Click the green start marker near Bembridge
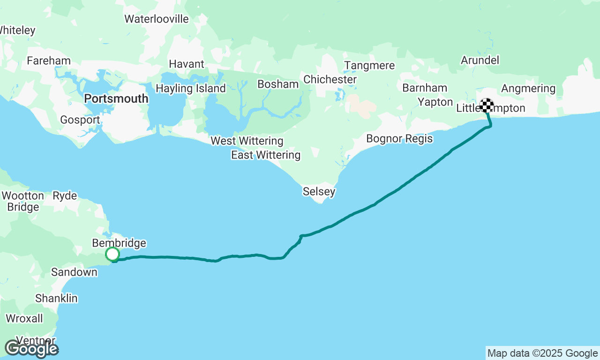[112, 255]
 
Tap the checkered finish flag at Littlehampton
[487, 105]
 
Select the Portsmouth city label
[116, 99]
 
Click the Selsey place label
[319, 191]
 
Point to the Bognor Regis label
[399, 139]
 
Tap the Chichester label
[330, 80]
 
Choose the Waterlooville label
[157, 19]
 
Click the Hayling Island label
[191, 89]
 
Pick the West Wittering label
[247, 141]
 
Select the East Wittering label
[266, 155]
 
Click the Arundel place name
[480, 60]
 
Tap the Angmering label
[528, 88]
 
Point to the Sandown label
[74, 272]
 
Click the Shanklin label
[56, 299]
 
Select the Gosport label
[80, 120]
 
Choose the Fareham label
[49, 61]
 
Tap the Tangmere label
[369, 66]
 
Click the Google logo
[31, 349]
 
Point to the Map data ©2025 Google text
[542, 353]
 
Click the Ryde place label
[65, 196]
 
